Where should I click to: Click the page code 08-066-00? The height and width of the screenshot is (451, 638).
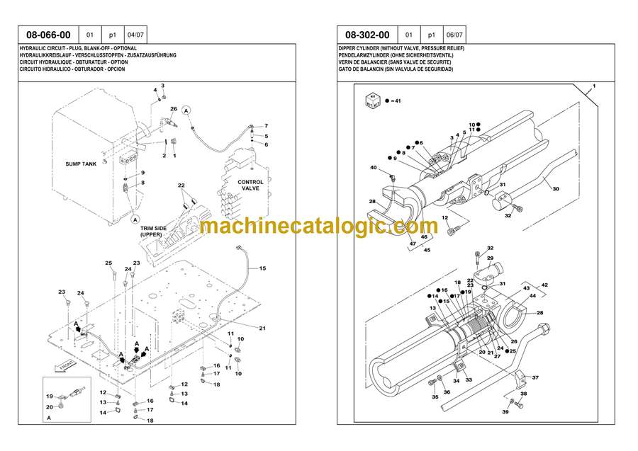pyautogui.click(x=48, y=35)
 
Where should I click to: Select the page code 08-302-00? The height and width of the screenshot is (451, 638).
pyautogui.click(x=367, y=35)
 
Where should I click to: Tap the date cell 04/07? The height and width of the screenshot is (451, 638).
pyautogui.click(x=135, y=35)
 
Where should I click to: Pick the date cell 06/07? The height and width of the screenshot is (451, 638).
pyautogui.click(x=454, y=35)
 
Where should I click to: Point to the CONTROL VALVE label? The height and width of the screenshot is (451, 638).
pyautogui.click(x=250, y=185)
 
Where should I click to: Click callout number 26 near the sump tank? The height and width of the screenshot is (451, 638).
pyautogui.click(x=174, y=109)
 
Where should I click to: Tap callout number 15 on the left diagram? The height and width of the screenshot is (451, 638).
pyautogui.click(x=262, y=268)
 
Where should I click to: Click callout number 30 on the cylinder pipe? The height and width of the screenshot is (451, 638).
pyautogui.click(x=556, y=188)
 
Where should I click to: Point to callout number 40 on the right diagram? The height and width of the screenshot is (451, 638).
pyautogui.click(x=373, y=167)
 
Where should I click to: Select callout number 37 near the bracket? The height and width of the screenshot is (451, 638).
pyautogui.click(x=535, y=378)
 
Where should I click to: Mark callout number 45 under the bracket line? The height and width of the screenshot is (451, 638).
pyautogui.click(x=426, y=249)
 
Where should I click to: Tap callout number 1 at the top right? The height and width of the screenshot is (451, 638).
pyautogui.click(x=594, y=86)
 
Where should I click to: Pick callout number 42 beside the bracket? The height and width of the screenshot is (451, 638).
pyautogui.click(x=544, y=285)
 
